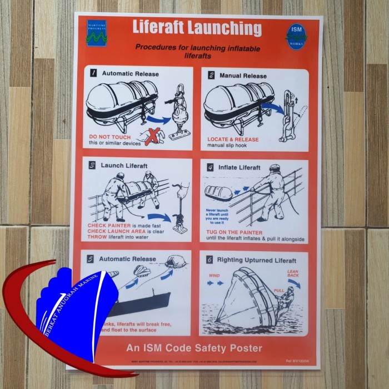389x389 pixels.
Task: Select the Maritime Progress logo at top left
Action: pyautogui.click(x=96, y=33)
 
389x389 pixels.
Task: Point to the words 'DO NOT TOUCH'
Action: pyautogui.click(x=110, y=137)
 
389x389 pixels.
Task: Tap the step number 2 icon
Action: pyautogui.click(x=211, y=75)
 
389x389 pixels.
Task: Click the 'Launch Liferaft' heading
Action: pyautogui.click(x=124, y=166)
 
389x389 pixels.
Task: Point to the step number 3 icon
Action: pyautogui.click(x=93, y=165)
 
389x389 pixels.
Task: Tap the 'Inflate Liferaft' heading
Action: pyautogui.click(x=240, y=167)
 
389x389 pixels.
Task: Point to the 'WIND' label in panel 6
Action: pyautogui.click(x=215, y=276)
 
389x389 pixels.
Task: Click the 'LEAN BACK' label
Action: pyautogui.click(x=293, y=273)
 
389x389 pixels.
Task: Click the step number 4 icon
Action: pyautogui.click(x=211, y=167)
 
